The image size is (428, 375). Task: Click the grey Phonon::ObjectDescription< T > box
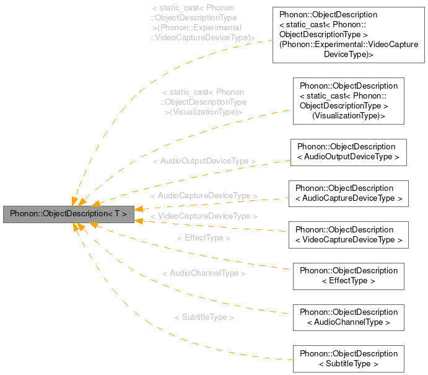(68, 214)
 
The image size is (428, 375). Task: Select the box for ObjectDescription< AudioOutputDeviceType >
(348, 152)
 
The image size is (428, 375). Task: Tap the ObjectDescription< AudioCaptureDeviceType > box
(348, 193)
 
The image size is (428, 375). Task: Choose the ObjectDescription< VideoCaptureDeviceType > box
(348, 235)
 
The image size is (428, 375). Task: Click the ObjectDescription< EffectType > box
(348, 276)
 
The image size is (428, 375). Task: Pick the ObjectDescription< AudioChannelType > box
(348, 317)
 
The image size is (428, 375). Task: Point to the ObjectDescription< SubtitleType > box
(348, 359)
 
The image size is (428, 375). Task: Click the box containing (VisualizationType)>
(348, 100)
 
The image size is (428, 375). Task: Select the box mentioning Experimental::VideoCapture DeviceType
(348, 35)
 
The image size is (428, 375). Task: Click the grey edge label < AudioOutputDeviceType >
(204, 161)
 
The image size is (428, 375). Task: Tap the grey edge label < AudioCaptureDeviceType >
(204, 196)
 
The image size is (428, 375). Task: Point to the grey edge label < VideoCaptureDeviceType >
(204, 216)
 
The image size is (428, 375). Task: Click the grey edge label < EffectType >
(204, 238)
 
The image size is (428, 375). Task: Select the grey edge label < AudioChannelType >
(204, 273)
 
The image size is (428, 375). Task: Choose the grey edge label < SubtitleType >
(204, 317)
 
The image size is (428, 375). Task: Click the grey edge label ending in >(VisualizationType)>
(204, 102)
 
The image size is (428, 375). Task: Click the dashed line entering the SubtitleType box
(260, 358)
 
